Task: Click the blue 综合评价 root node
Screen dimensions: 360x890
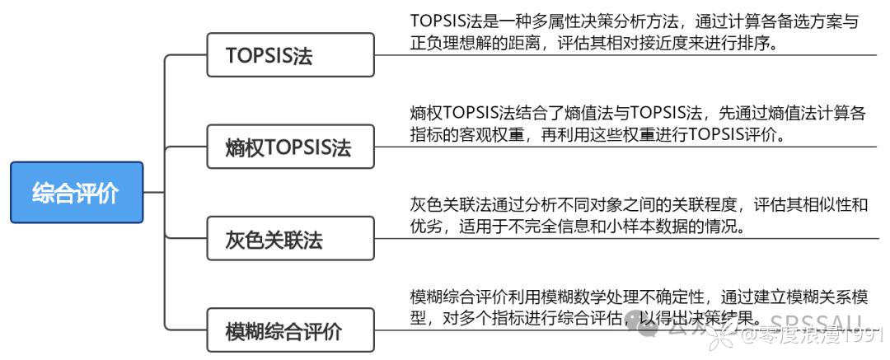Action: pos(76,193)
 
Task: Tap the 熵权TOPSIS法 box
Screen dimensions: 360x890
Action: pos(288,147)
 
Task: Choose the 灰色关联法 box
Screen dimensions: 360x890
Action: pos(274,240)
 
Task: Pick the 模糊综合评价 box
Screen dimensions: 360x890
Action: pos(283,332)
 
